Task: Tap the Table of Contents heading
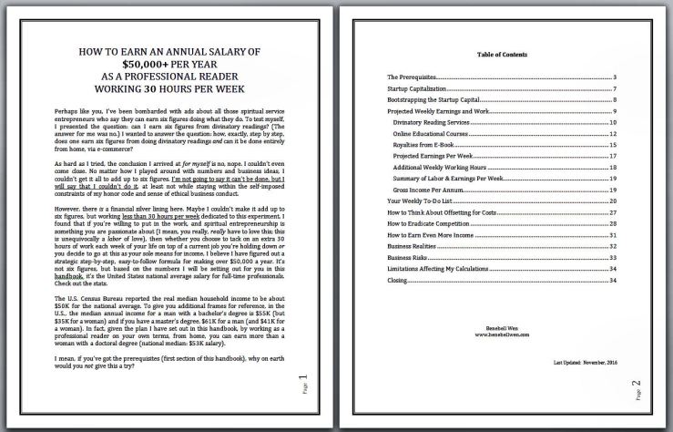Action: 504,55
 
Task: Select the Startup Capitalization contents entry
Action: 423,88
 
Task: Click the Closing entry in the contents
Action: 399,280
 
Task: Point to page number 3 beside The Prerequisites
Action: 617,77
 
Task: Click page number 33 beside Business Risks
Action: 615,257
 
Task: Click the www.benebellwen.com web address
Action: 503,334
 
